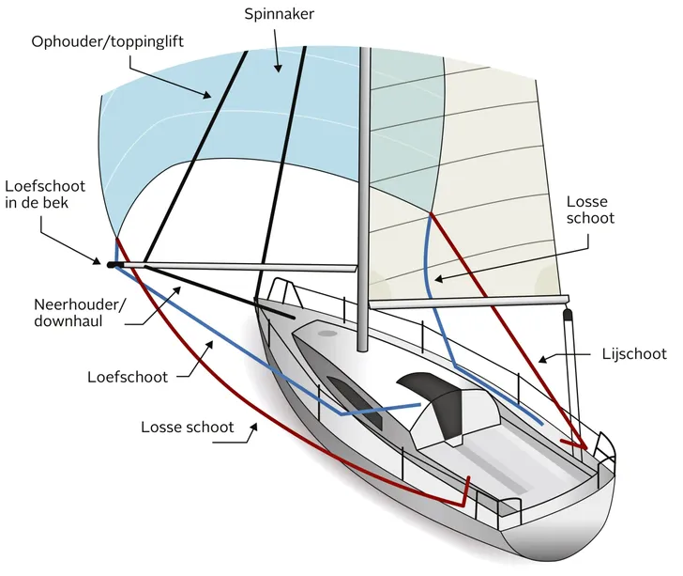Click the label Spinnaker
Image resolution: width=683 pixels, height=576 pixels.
click(279, 15)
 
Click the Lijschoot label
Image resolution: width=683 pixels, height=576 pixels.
click(633, 354)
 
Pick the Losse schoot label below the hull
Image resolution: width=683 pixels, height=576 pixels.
click(188, 427)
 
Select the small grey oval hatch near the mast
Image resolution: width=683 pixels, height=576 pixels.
click(326, 334)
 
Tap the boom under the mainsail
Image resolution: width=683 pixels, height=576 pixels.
click(469, 304)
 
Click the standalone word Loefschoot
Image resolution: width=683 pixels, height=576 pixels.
click(128, 377)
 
